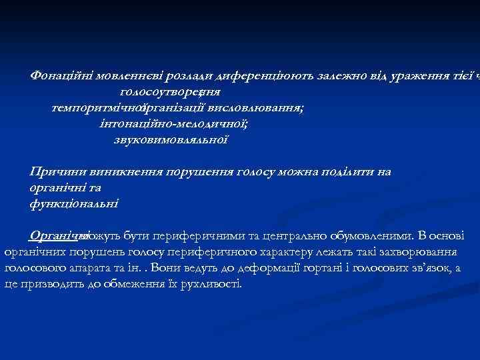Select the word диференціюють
tap(244, 75)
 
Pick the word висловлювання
tap(256, 107)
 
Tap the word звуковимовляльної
tap(171, 139)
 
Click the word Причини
tap(55, 172)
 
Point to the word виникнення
tap(117, 172)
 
